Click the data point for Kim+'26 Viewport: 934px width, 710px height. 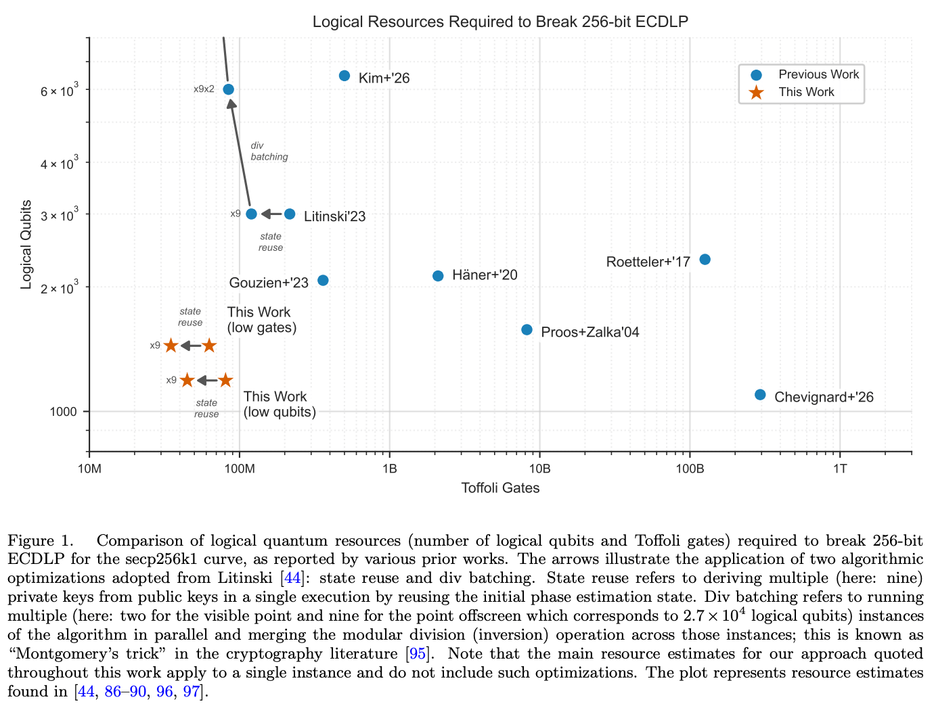344,76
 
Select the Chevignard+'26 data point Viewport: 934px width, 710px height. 760,395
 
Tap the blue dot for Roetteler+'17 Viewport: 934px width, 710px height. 705,260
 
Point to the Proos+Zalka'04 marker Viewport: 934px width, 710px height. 527,330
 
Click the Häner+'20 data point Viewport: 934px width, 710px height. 438,276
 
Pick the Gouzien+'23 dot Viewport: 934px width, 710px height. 323,281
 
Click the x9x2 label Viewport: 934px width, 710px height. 204,89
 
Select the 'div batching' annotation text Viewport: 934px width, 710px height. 269,151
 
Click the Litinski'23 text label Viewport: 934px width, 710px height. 334,216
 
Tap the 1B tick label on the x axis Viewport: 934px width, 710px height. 389,469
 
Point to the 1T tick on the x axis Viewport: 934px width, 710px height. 839,469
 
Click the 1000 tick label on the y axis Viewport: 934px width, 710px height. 63,411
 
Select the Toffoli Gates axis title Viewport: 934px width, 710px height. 500,488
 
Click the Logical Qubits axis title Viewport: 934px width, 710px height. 26,245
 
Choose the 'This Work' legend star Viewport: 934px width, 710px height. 757,93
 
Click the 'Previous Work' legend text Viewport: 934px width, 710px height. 818,74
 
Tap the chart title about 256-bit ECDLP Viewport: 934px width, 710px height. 500,22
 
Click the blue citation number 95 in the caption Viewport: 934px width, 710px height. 418,654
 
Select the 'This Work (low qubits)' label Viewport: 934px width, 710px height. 279,404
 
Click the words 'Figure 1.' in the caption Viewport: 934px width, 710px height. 41,540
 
